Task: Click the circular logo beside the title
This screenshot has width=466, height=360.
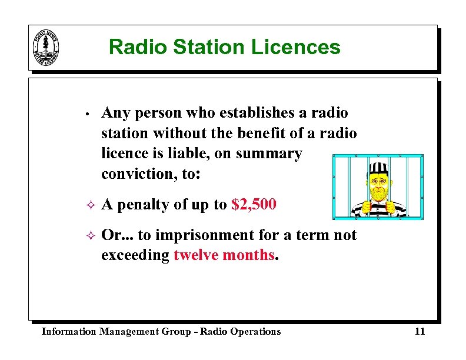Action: [x=46, y=47]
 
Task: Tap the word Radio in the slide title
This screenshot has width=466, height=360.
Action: [x=136, y=47]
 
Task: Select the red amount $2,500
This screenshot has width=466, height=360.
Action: [x=254, y=205]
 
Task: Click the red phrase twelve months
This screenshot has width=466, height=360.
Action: [x=224, y=255]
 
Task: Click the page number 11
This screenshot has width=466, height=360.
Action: [x=420, y=332]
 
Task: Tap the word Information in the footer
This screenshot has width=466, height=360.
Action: [x=68, y=332]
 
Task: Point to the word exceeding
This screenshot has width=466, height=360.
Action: [x=135, y=255]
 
